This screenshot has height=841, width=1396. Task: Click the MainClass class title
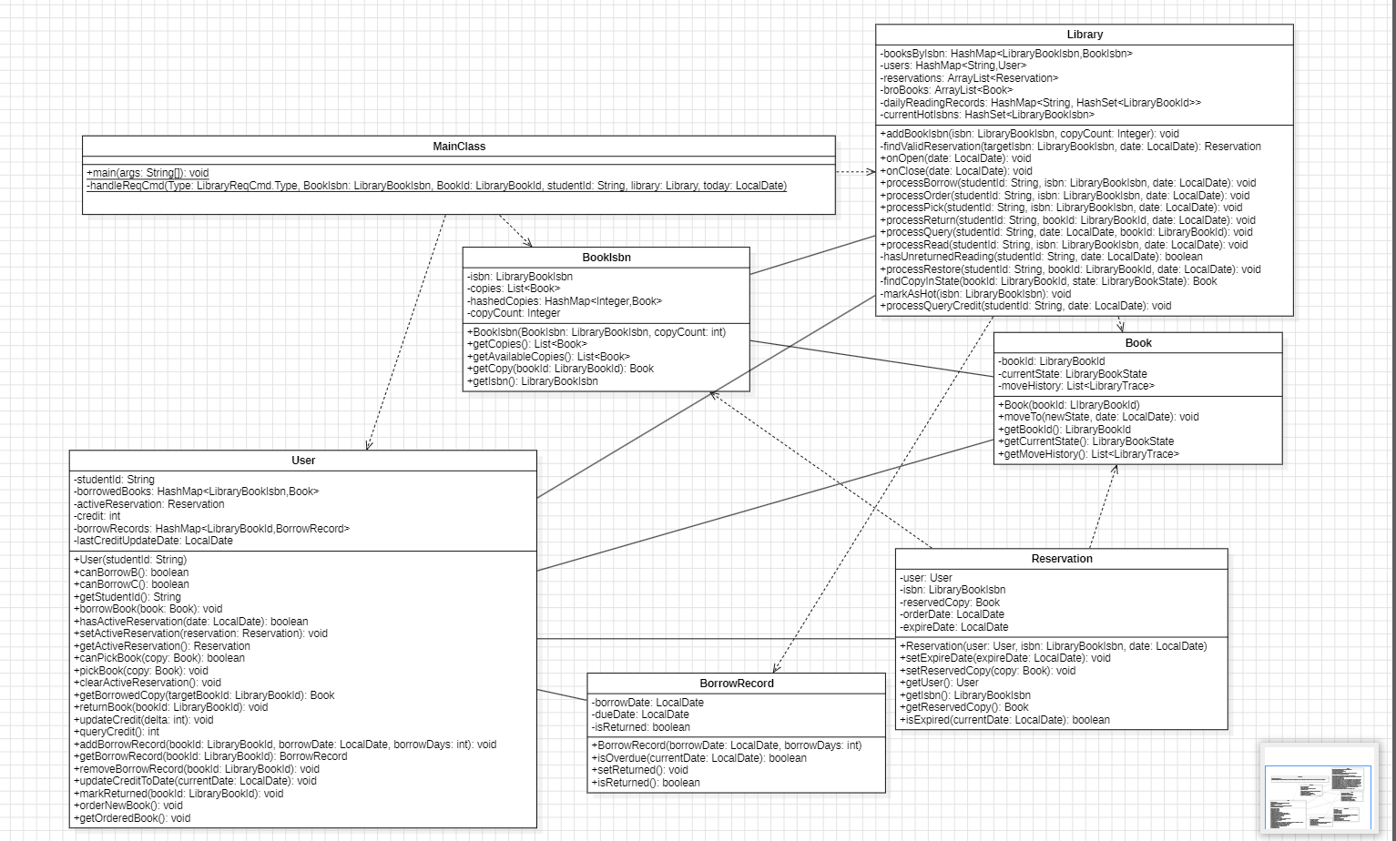point(459,147)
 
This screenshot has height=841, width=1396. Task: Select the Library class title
point(1085,35)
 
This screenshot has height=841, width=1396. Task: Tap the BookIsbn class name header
point(606,258)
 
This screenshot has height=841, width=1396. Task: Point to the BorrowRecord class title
point(737,684)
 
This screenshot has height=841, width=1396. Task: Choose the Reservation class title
point(1062,559)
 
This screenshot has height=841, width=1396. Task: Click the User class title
point(303,461)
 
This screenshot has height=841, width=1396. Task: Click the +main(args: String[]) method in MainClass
point(148,173)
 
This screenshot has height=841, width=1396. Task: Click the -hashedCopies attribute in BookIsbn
point(565,301)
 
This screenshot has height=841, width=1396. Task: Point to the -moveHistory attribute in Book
point(1075,386)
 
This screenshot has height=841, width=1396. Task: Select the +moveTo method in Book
point(1098,417)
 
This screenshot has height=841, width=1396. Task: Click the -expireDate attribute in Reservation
point(953,627)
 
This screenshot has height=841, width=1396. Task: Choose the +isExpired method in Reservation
point(1004,720)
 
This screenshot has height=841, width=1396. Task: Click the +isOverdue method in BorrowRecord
point(699,758)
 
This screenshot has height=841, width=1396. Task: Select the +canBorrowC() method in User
point(131,584)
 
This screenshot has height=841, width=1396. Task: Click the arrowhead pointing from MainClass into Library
point(871,171)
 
